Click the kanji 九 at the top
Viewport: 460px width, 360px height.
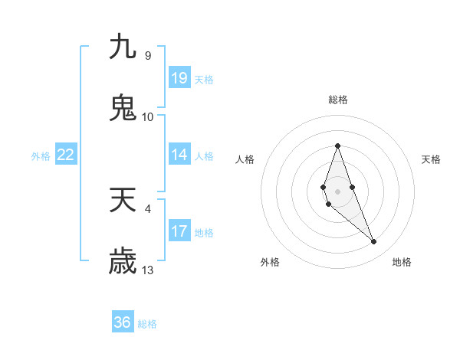(123, 47)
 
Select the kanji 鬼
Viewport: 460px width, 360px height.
(123, 108)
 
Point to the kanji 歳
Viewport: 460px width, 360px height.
(123, 261)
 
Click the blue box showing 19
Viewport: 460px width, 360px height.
(179, 77)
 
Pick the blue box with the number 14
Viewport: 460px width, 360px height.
(179, 155)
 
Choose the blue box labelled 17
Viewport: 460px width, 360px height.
(179, 231)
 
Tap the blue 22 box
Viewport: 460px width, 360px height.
(66, 155)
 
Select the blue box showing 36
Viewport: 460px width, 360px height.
(123, 322)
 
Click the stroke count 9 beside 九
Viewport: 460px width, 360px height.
(147, 56)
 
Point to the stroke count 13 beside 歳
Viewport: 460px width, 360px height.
(148, 270)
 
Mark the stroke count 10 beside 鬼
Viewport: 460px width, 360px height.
(148, 117)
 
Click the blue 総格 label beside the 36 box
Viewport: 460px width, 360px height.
(147, 324)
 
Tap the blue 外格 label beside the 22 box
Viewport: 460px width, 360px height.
(41, 156)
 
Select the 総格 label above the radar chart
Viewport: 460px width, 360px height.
(337, 100)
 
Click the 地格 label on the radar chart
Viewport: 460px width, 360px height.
(402, 262)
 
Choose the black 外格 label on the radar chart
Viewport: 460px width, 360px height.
(270, 262)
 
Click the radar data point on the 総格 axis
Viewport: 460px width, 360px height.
(337, 146)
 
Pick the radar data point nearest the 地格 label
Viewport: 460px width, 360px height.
(374, 242)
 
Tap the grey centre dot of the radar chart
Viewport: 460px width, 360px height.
(337, 191)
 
